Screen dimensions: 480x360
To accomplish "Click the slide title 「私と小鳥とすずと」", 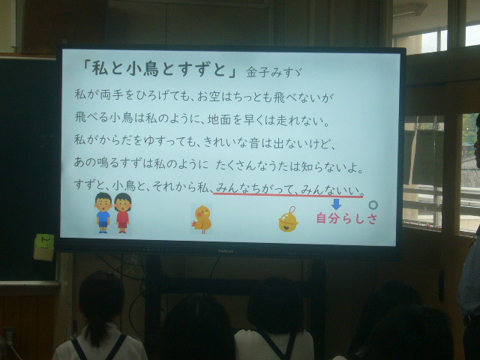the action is (x=159, y=68).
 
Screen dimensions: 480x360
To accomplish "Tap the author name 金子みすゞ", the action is (x=274, y=72).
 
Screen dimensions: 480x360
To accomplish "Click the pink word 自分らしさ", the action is (x=346, y=218).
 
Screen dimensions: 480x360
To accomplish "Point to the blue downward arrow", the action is (x=336, y=204).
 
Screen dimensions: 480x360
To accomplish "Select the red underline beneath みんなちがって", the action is (x=288, y=195).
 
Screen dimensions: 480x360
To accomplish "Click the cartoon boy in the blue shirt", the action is (x=103, y=213).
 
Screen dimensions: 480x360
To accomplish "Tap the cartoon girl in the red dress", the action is (x=122, y=213).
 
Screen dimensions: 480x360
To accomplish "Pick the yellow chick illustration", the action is (x=202, y=220).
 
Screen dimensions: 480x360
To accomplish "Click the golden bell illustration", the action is (x=288, y=220).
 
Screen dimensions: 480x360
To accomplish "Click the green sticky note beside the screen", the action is (x=45, y=241).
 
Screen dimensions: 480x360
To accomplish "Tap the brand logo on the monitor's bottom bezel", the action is (x=226, y=251).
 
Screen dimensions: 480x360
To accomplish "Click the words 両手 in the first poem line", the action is (x=110, y=95).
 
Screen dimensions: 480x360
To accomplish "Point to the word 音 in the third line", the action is (x=254, y=142).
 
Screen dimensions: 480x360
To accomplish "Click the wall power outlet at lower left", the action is (x=8, y=336).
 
